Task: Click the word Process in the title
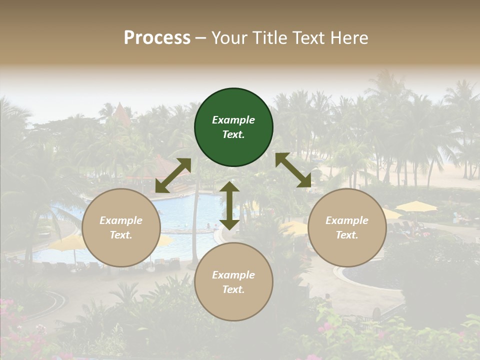tap(157, 38)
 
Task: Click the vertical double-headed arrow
tap(229, 205)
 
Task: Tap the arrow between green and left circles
tap(173, 175)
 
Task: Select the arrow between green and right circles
tap(293, 170)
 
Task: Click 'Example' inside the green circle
tap(233, 120)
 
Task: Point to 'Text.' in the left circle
tap(121, 235)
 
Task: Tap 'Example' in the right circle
tap(347, 220)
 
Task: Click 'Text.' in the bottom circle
tap(233, 289)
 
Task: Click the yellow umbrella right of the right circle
tap(416, 206)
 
